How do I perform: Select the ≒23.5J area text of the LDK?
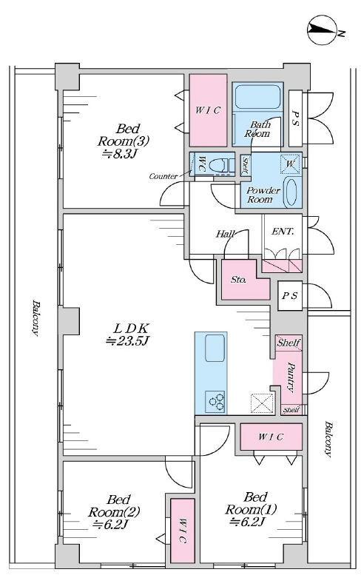126,341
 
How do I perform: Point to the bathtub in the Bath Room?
257,97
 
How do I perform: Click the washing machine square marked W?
290,164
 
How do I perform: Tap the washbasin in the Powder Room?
292,192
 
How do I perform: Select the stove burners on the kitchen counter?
215,401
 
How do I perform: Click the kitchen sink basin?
215,348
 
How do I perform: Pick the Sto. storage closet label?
238,280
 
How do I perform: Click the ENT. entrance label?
283,232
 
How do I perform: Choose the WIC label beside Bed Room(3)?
208,110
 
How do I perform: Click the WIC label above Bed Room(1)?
271,437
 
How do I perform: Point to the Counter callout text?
163,176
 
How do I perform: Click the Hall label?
225,233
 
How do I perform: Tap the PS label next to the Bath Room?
295,118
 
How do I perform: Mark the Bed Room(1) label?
251,508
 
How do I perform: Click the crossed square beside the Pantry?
262,404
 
